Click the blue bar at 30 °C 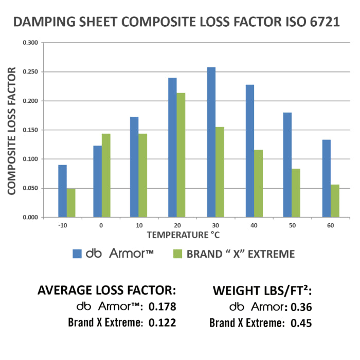(x=211, y=142)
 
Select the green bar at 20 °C (x=181, y=155)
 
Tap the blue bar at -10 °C (x=62, y=191)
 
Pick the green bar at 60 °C (x=335, y=201)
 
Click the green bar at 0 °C (x=106, y=175)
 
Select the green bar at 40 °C (x=258, y=184)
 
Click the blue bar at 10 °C (x=134, y=167)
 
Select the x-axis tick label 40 (x=254, y=225)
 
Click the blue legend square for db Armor (x=78, y=254)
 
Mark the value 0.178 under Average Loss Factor (x=162, y=307)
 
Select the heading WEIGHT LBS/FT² (x=262, y=291)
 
